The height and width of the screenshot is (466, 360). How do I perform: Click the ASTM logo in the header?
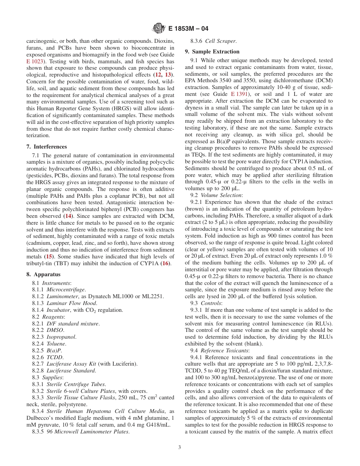pyautogui.click(x=158, y=28)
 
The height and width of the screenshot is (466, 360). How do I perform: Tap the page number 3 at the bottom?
pyautogui.click(x=180, y=447)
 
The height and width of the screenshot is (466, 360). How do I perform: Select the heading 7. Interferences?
pyautogui.click(x=47, y=147)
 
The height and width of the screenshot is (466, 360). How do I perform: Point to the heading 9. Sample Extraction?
pyautogui.click(x=212, y=52)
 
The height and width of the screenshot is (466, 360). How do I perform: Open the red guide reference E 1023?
pyautogui.click(x=34, y=61)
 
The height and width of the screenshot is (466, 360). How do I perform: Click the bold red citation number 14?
pyautogui.click(x=68, y=216)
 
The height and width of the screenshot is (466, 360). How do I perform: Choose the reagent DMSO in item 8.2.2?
pyautogui.click(x=55, y=330)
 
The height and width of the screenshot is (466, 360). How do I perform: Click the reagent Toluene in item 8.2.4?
pyautogui.click(x=56, y=344)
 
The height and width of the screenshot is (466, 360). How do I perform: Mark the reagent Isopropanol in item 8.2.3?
pyautogui.click(x=61, y=337)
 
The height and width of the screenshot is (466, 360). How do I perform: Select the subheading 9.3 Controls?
pyautogui.click(x=211, y=303)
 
